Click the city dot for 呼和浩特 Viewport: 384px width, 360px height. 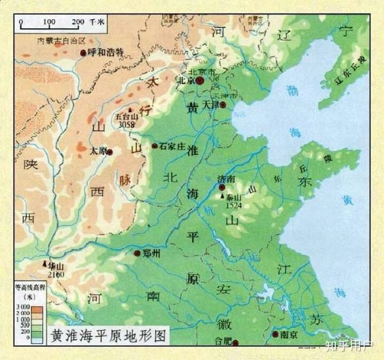click(83, 53)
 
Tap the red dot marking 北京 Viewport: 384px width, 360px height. click(199, 81)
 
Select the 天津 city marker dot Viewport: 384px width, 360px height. click(223, 104)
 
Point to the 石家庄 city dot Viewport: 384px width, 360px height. click(154, 146)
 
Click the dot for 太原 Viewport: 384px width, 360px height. click(109, 152)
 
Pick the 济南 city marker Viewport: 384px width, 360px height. click(221, 188)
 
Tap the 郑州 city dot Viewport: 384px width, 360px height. click(137, 254)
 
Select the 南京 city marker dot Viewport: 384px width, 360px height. click(276, 334)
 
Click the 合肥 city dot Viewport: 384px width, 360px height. click(235, 343)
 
